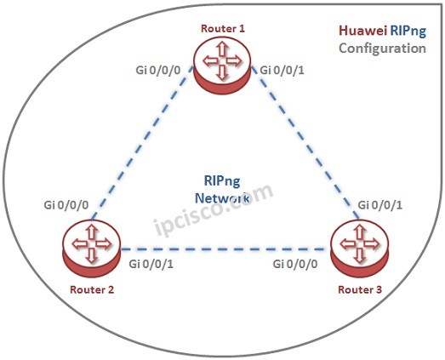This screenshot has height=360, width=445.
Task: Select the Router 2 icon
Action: [89, 248]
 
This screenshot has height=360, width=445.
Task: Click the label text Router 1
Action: [223, 29]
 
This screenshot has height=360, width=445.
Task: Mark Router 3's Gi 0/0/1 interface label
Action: [381, 205]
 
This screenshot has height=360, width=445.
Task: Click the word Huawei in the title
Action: [358, 31]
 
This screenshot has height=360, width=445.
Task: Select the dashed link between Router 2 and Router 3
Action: [222, 249]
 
